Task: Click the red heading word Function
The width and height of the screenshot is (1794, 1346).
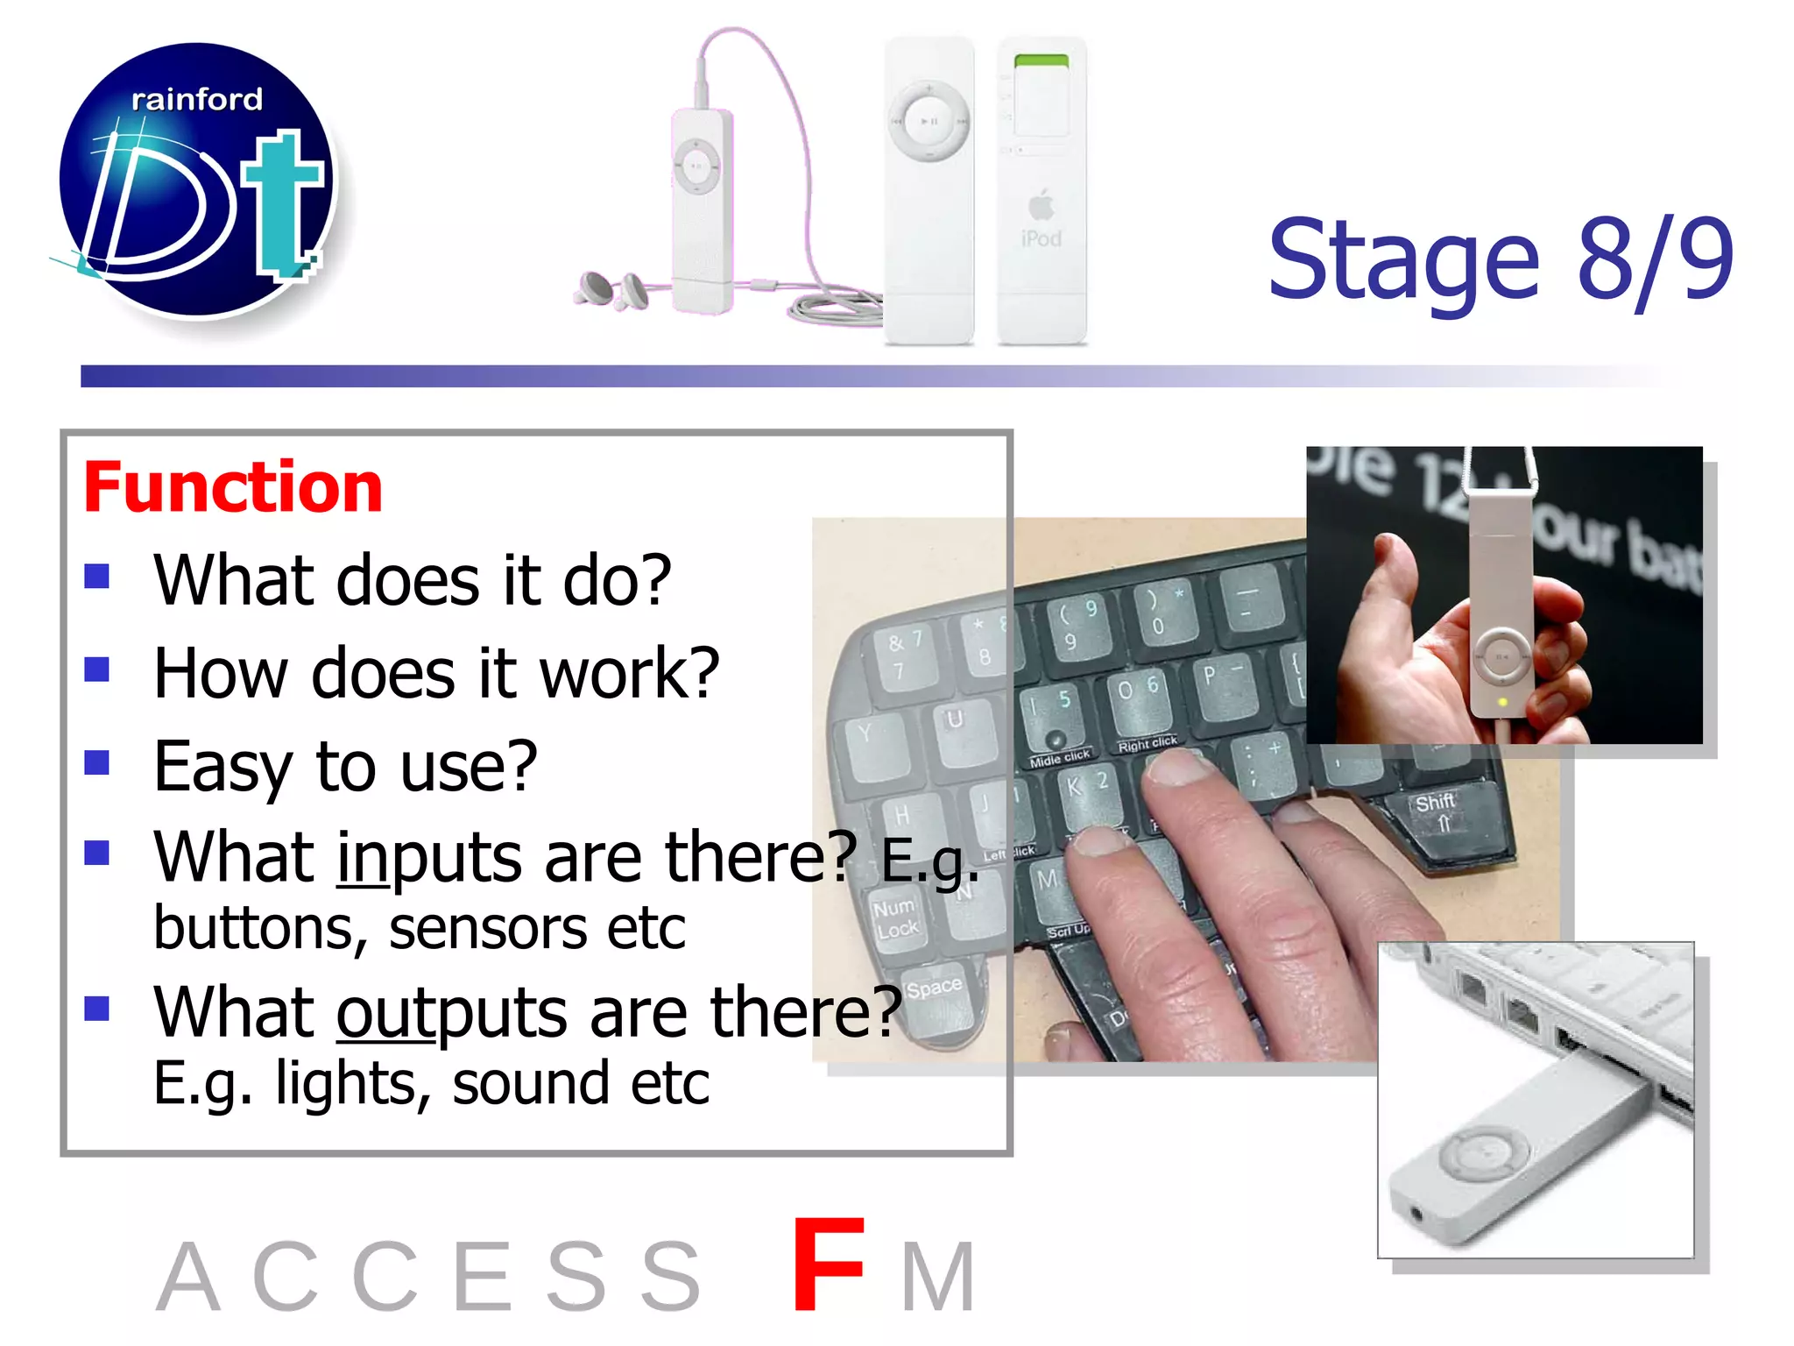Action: click(x=233, y=487)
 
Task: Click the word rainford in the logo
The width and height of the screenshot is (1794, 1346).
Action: click(x=196, y=100)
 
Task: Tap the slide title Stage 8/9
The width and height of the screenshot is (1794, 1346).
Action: click(x=1500, y=259)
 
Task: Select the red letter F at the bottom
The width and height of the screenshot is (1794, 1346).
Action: click(x=827, y=1265)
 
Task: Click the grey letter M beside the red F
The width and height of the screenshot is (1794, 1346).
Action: click(x=939, y=1278)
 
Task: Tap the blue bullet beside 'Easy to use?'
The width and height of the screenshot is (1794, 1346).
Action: click(x=97, y=762)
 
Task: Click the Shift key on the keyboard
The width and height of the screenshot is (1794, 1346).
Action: click(x=1435, y=811)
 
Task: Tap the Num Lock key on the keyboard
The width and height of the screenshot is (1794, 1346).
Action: click(x=895, y=917)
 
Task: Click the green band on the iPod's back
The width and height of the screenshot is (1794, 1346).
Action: click(x=1041, y=60)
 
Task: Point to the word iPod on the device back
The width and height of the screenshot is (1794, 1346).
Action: click(x=1041, y=238)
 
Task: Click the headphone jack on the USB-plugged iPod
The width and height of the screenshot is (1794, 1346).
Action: click(x=1416, y=1215)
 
